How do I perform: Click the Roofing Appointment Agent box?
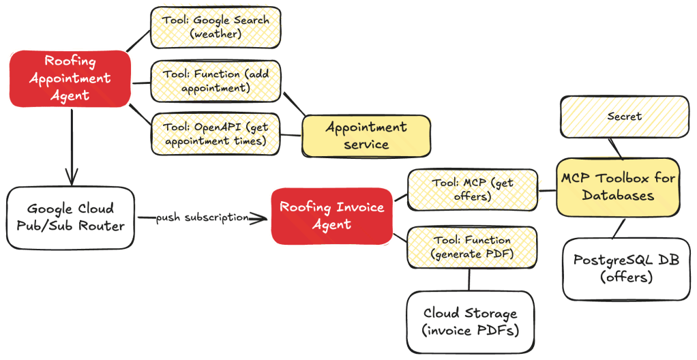click(x=70, y=78)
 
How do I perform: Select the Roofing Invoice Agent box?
click(x=332, y=215)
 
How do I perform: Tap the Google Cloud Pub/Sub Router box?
click(x=70, y=217)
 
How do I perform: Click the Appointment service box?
click(x=366, y=136)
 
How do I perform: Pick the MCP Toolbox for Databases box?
click(x=617, y=186)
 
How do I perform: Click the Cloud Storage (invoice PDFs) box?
click(x=470, y=322)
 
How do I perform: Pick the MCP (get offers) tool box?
click(x=472, y=189)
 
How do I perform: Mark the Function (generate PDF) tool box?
click(x=472, y=247)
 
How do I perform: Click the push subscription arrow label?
click(x=201, y=218)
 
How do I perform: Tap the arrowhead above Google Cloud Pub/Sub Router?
click(x=72, y=177)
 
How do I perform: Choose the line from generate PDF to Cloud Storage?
click(x=470, y=279)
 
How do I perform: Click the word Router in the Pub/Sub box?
click(x=102, y=225)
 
